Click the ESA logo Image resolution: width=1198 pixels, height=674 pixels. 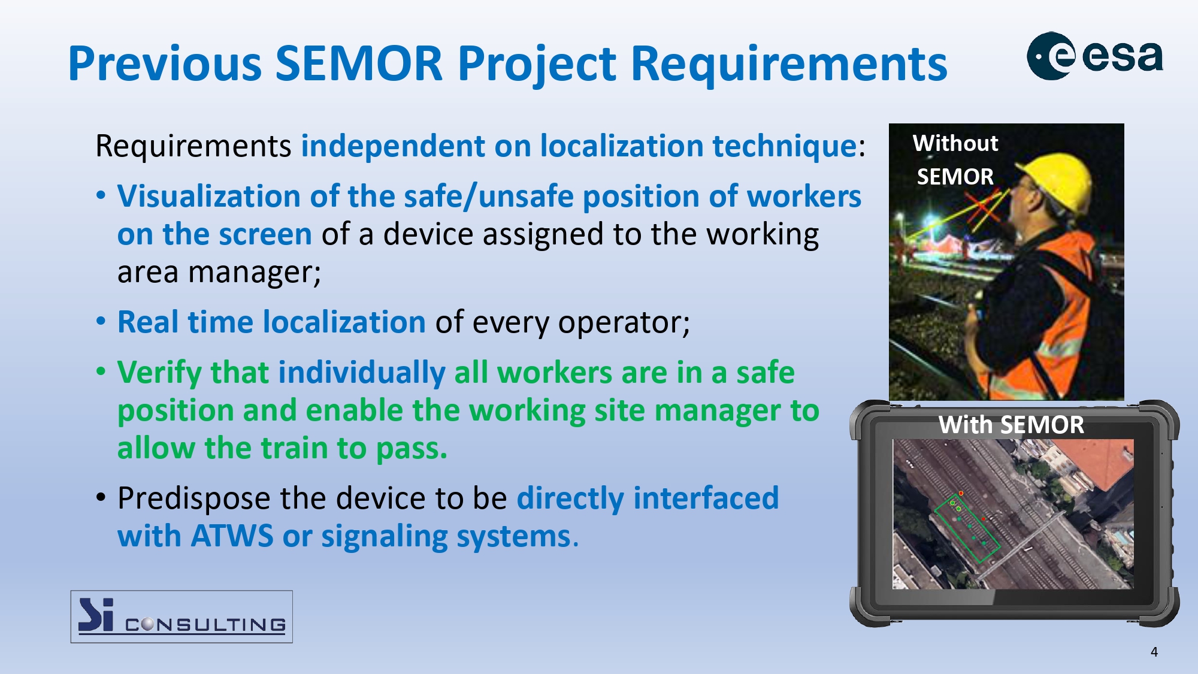coord(1095,56)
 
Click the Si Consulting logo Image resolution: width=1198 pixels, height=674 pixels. coord(181,616)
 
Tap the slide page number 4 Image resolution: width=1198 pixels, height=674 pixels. coord(1154,652)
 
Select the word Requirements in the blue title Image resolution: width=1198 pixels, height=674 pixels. coord(789,65)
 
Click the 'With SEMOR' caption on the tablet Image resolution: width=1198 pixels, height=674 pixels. coord(1011,425)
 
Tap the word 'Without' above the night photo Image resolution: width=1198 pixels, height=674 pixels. coord(955,143)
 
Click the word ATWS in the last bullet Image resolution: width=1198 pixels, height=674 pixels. coord(232,536)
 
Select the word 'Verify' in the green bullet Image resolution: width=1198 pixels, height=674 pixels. coord(159,373)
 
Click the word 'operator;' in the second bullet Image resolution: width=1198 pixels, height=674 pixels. coord(624,323)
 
